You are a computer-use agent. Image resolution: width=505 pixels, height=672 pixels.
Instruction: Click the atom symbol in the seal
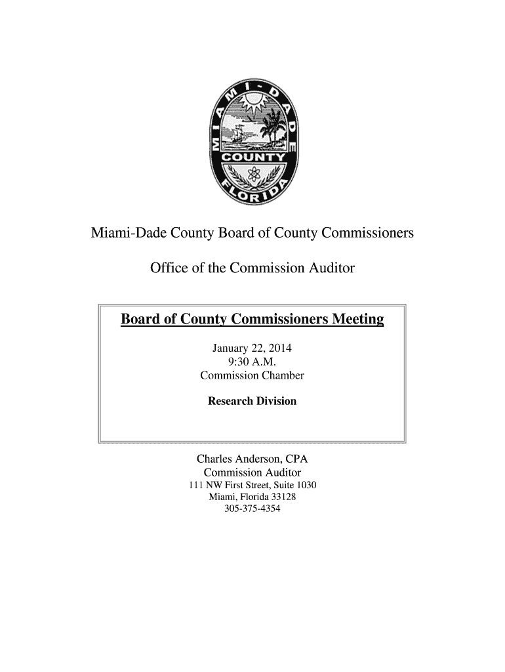[252, 175]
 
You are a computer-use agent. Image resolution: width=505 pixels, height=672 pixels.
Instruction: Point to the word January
[228, 348]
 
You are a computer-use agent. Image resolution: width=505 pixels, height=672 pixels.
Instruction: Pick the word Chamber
[283, 376]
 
